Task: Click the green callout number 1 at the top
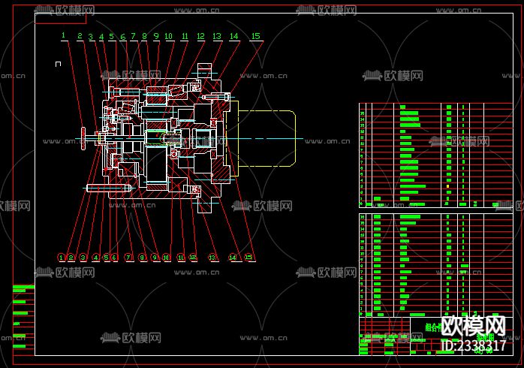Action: point(64,35)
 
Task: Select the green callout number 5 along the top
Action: point(111,36)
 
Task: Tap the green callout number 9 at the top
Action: point(156,36)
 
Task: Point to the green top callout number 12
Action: point(200,36)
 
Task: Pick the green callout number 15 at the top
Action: point(256,36)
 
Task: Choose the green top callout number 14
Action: point(234,36)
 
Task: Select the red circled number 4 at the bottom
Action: point(96,257)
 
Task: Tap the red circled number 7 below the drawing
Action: point(128,257)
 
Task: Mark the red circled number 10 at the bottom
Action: point(167,257)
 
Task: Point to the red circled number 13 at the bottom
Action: point(212,257)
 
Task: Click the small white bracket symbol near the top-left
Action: point(58,65)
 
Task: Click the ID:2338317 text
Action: point(472,346)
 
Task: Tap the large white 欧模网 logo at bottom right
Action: point(472,327)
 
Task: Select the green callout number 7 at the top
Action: point(133,36)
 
